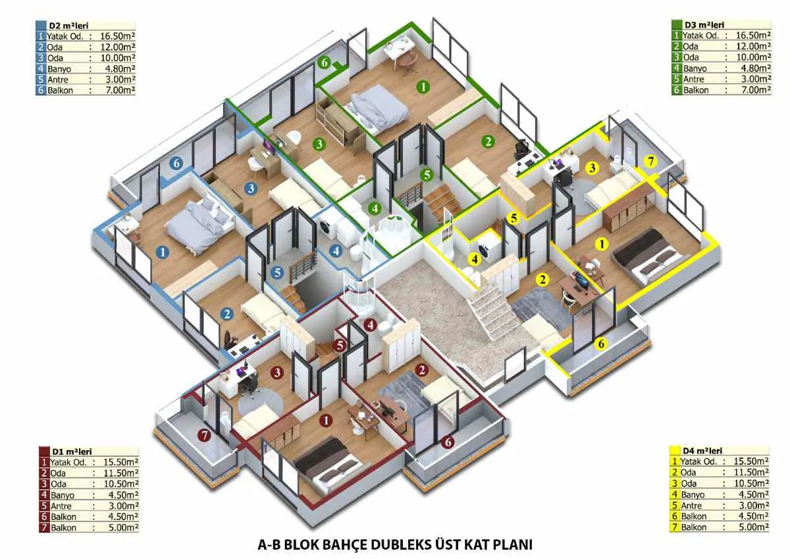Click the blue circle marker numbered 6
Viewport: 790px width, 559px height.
coord(176,163)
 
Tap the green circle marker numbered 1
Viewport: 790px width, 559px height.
coord(423,86)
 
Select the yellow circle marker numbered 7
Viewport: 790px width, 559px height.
coord(651,161)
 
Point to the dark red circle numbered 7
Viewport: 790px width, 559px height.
coord(204,435)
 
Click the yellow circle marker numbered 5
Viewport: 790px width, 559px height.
coord(513,218)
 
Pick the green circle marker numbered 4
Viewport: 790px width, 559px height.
coord(375,208)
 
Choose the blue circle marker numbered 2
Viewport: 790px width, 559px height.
coord(227,314)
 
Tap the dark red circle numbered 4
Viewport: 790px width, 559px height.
coord(370,325)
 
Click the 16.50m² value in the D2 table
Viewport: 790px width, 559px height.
coord(117,36)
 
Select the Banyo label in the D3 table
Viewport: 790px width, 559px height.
coord(695,69)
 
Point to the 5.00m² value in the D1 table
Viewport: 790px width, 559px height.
coord(123,527)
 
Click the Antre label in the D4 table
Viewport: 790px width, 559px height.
coord(692,506)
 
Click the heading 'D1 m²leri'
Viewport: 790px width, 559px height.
coord(72,452)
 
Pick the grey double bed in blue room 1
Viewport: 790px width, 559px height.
coord(200,225)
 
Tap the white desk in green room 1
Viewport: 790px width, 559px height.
coord(398,49)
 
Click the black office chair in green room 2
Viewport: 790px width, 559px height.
coord(521,150)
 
